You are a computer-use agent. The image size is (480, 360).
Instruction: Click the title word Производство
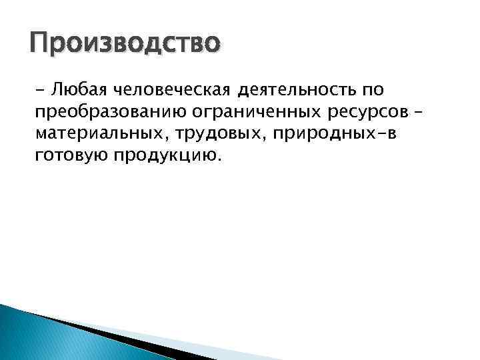tap(125, 45)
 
